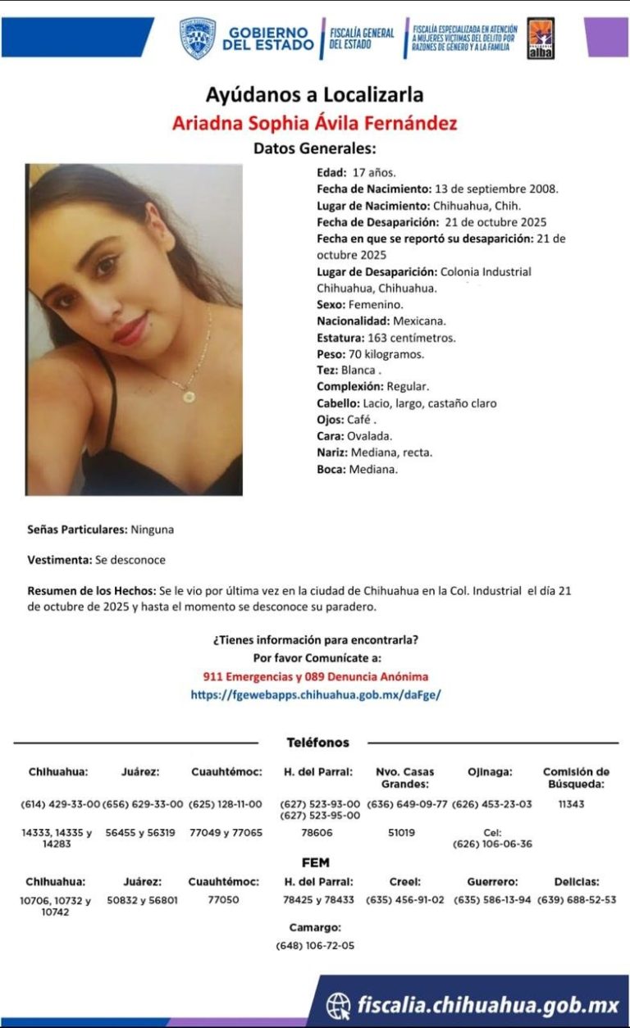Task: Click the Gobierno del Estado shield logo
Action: click(198, 39)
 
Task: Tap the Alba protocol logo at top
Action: click(540, 39)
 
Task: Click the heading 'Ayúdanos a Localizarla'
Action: click(315, 95)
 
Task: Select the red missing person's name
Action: click(315, 124)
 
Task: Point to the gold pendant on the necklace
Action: click(189, 397)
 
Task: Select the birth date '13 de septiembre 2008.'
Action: click(498, 189)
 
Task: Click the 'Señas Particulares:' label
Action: click(77, 530)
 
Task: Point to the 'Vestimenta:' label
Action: click(59, 560)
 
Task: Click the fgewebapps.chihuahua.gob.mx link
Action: click(315, 694)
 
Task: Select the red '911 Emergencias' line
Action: click(315, 677)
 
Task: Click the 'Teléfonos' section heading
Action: click(317, 743)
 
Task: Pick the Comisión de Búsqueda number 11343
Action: click(571, 804)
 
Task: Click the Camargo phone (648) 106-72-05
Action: click(315, 945)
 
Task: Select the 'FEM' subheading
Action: click(316, 862)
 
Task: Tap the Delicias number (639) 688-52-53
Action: click(576, 900)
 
